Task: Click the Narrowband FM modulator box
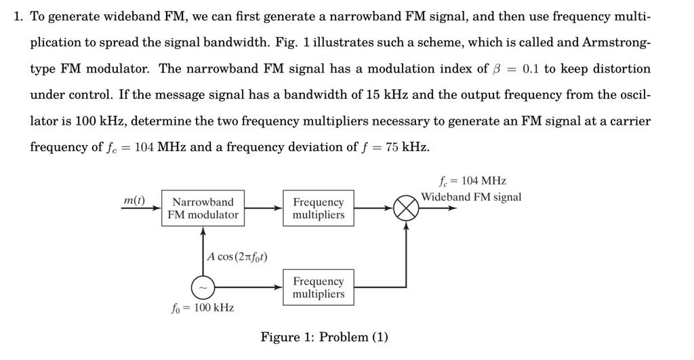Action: coord(203,208)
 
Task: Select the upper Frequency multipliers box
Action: coord(318,208)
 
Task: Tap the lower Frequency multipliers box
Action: coord(318,287)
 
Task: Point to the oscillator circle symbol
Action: coord(203,288)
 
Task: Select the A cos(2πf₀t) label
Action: coord(237,256)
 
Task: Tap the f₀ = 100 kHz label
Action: coord(202,308)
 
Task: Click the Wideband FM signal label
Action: coord(471,197)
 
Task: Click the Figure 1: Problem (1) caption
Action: coord(325,337)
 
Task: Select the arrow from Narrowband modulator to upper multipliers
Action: coord(263,208)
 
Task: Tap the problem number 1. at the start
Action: coord(18,16)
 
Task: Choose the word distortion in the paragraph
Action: coord(619,68)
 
